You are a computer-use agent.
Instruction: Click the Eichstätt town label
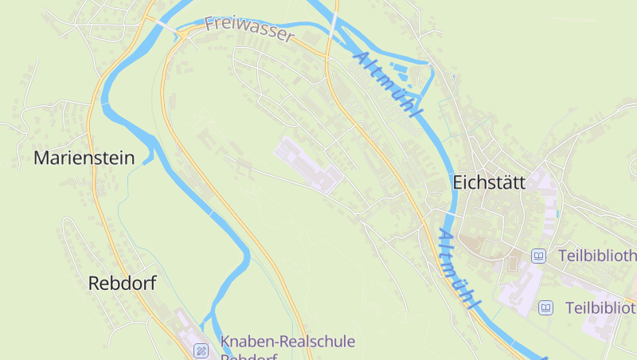[x=489, y=182]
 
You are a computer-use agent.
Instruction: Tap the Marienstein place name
[x=84, y=158]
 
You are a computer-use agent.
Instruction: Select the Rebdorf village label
[x=122, y=283]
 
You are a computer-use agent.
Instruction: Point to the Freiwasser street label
[x=249, y=29]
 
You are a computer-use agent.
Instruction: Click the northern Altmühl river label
[x=385, y=84]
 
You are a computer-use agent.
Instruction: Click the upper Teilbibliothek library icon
[x=539, y=256]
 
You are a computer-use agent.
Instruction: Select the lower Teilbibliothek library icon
[x=545, y=307]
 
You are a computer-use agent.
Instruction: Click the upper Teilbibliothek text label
[x=596, y=256]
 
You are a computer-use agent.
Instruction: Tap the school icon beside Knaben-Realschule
[x=202, y=349]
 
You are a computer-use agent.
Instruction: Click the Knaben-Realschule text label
[x=287, y=342]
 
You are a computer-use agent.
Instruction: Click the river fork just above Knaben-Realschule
[x=212, y=319]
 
